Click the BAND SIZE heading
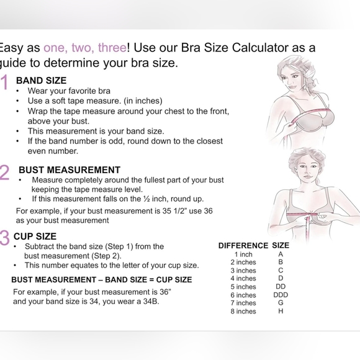click(x=41, y=81)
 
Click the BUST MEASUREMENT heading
click(x=69, y=169)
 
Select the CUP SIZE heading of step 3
click(x=35, y=236)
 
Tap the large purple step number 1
click(x=5, y=84)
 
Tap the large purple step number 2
click(x=5, y=173)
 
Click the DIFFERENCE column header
click(x=243, y=246)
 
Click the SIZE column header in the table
click(x=281, y=246)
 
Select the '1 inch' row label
click(x=243, y=254)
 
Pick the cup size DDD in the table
click(x=281, y=295)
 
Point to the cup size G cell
click(x=281, y=303)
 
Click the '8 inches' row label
click(x=243, y=311)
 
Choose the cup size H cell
click(x=281, y=311)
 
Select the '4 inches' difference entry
click(x=243, y=279)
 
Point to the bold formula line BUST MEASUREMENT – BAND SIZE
click(x=101, y=279)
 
